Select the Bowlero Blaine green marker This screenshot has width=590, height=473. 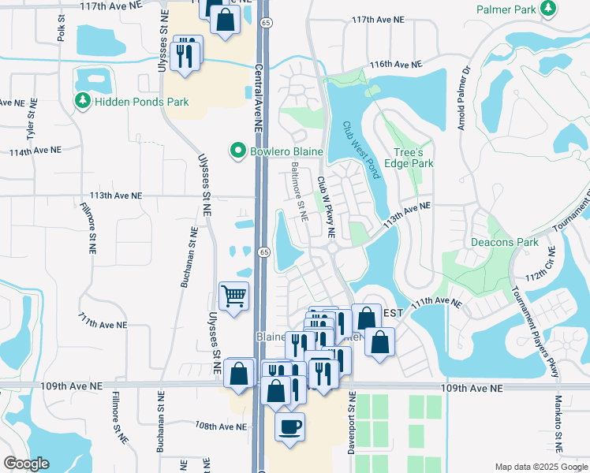click(236, 150)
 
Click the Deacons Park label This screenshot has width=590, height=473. click(504, 242)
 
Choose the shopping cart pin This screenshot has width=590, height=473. click(233, 296)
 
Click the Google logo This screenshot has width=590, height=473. click(26, 464)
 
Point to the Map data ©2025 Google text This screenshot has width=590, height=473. click(540, 467)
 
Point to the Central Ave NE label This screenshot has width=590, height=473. click(259, 99)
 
